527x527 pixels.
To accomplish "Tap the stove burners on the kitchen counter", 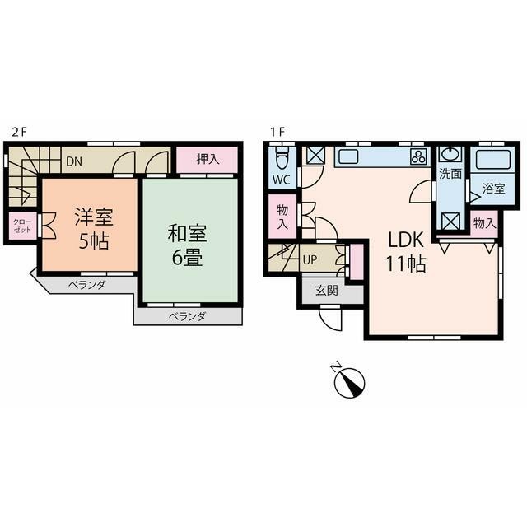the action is (x=418, y=156).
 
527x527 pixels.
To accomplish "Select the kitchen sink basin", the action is (x=348, y=156).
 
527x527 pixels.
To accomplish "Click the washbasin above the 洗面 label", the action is (x=450, y=154).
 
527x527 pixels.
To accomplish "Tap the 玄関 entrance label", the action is (x=326, y=291).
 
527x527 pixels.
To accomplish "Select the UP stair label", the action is (x=310, y=260).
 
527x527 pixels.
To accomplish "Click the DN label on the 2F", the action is (x=74, y=161).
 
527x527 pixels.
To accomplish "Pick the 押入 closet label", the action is (x=208, y=159).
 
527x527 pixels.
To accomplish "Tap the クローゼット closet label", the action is (x=22, y=226).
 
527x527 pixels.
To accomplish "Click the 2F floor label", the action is (x=19, y=132).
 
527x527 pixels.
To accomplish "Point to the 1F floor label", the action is (x=277, y=132).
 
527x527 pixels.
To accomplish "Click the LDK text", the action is (x=406, y=240).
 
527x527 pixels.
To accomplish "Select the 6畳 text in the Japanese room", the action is (x=187, y=258).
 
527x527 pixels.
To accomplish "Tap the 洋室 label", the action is (x=94, y=217).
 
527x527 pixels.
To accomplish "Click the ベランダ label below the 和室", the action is (x=187, y=316).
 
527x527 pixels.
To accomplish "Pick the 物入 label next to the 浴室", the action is (x=484, y=223).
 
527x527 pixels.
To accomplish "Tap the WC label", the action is (x=282, y=180).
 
